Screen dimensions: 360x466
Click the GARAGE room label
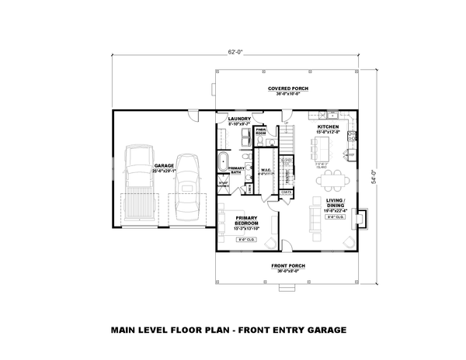163,166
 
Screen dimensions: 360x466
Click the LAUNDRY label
238,119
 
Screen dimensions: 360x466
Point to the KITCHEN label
328,127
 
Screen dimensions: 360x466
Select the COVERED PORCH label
289,89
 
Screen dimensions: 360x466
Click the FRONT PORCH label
288,266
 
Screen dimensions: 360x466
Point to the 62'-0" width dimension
236,53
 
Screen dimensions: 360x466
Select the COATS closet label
286,191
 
